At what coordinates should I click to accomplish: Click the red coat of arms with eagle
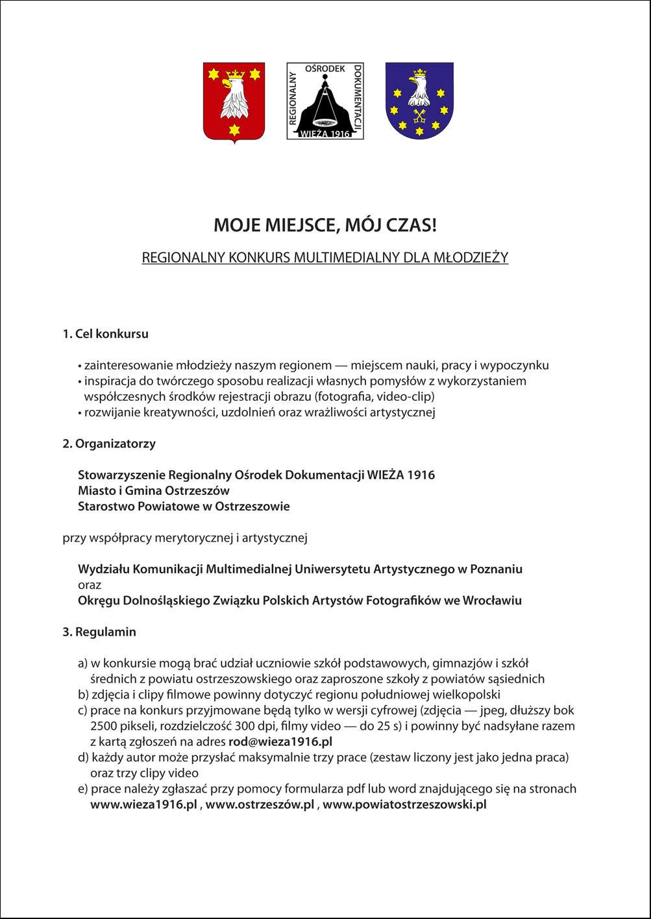(234, 102)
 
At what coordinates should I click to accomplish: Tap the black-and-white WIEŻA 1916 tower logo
(325, 101)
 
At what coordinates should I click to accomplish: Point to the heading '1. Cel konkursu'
(105, 334)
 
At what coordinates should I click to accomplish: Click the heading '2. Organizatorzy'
(109, 444)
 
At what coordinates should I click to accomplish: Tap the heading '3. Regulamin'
(99, 632)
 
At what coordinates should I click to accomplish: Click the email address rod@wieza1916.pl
(280, 741)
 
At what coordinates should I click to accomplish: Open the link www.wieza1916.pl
(143, 805)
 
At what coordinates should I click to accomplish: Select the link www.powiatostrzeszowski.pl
(404, 805)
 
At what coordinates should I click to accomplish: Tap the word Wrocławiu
(492, 601)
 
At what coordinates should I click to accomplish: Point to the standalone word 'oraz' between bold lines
(90, 585)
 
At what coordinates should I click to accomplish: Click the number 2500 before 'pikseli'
(104, 726)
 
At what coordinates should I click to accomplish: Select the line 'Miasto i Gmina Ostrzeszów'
(154, 491)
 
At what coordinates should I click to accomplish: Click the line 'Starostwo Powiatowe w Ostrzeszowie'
(184, 507)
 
